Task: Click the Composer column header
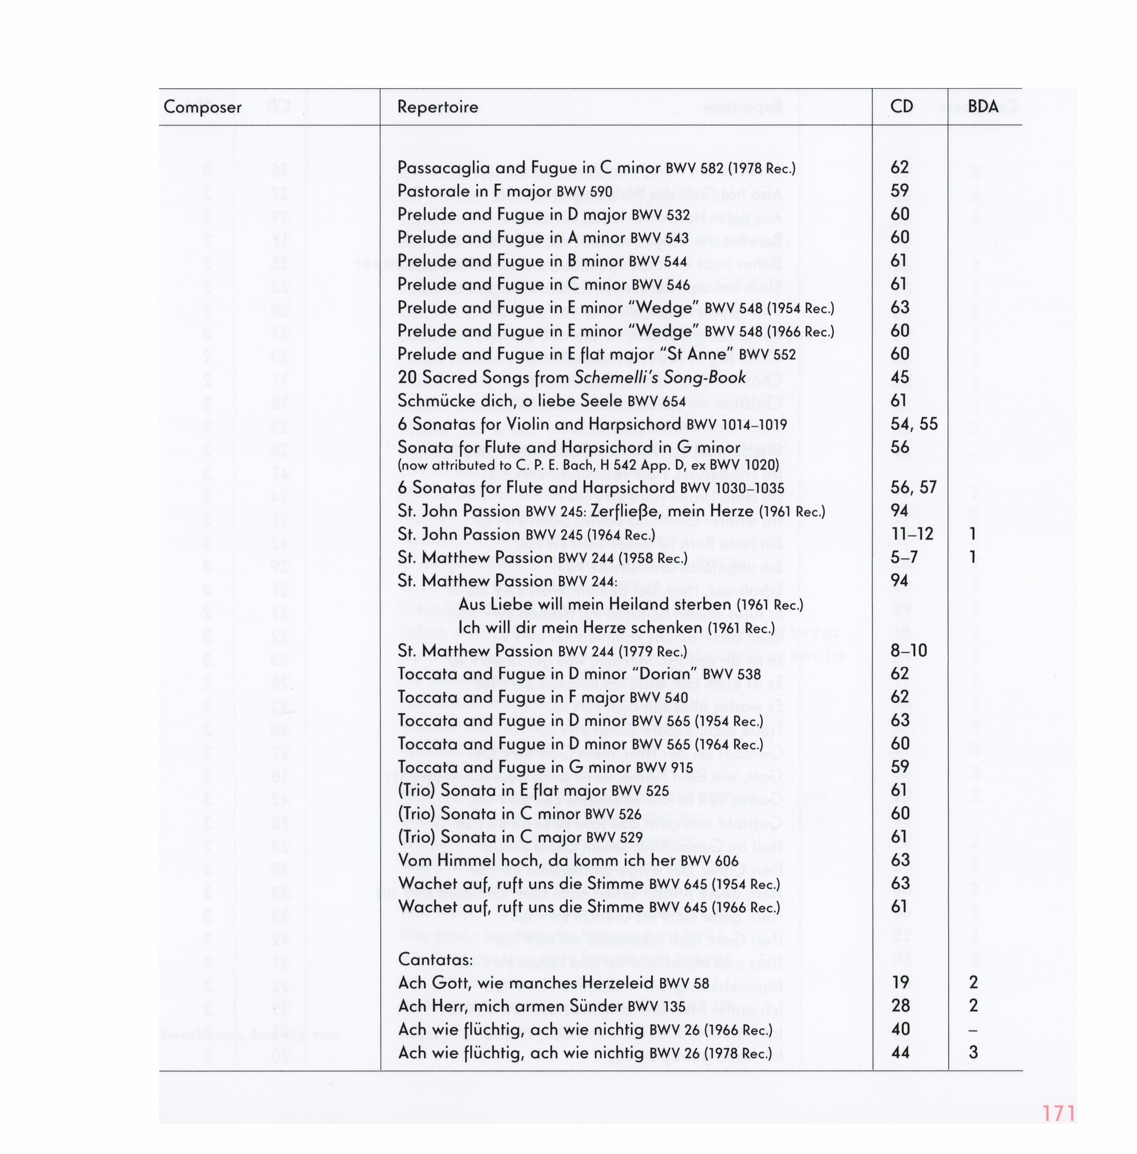tap(202, 107)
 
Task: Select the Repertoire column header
tap(438, 107)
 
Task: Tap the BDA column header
tap(982, 107)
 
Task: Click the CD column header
tap(901, 107)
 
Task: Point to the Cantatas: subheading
tap(435, 959)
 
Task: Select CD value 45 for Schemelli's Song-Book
tap(899, 378)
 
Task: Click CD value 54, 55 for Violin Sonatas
tap(914, 424)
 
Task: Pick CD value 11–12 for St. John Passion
tap(912, 534)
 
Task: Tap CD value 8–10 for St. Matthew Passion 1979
tap(909, 651)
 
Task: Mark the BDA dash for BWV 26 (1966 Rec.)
tap(973, 1030)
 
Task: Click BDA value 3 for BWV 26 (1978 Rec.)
tap(973, 1053)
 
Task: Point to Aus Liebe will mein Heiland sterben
tap(630, 604)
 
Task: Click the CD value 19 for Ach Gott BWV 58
tap(899, 982)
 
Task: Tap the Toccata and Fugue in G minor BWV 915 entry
tap(545, 767)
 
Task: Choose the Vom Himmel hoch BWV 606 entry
tap(568, 861)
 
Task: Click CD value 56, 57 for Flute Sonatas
tap(913, 487)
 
